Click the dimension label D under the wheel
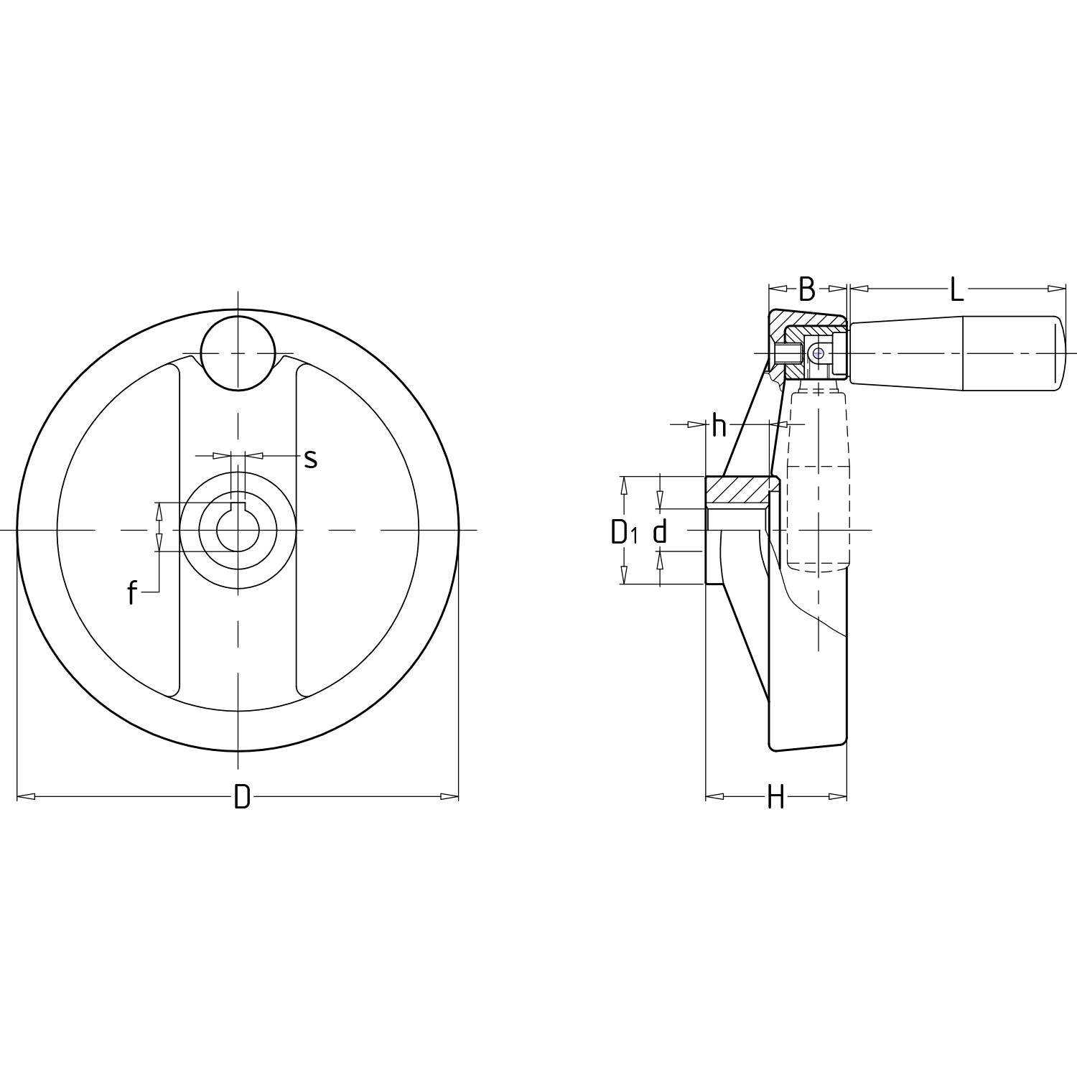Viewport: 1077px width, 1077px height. [x=242, y=796]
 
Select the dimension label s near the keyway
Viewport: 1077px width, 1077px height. [x=310, y=458]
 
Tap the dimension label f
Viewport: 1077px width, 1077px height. [x=132, y=592]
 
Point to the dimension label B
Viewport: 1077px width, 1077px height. [x=807, y=289]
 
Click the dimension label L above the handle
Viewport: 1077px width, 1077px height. [x=956, y=289]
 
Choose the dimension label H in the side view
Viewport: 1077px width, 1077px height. [x=775, y=796]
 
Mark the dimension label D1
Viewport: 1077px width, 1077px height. [x=624, y=532]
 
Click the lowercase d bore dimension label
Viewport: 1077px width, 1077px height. [x=661, y=531]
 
